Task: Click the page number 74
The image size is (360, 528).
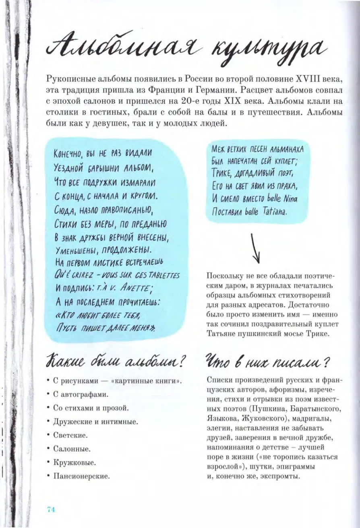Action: point(51,509)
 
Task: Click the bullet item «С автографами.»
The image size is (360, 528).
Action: point(81,394)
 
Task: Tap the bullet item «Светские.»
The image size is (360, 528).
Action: point(70,435)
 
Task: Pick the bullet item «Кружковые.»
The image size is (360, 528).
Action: point(74,462)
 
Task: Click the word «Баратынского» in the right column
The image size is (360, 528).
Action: point(312,409)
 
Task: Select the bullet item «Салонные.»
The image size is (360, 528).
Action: point(72,448)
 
